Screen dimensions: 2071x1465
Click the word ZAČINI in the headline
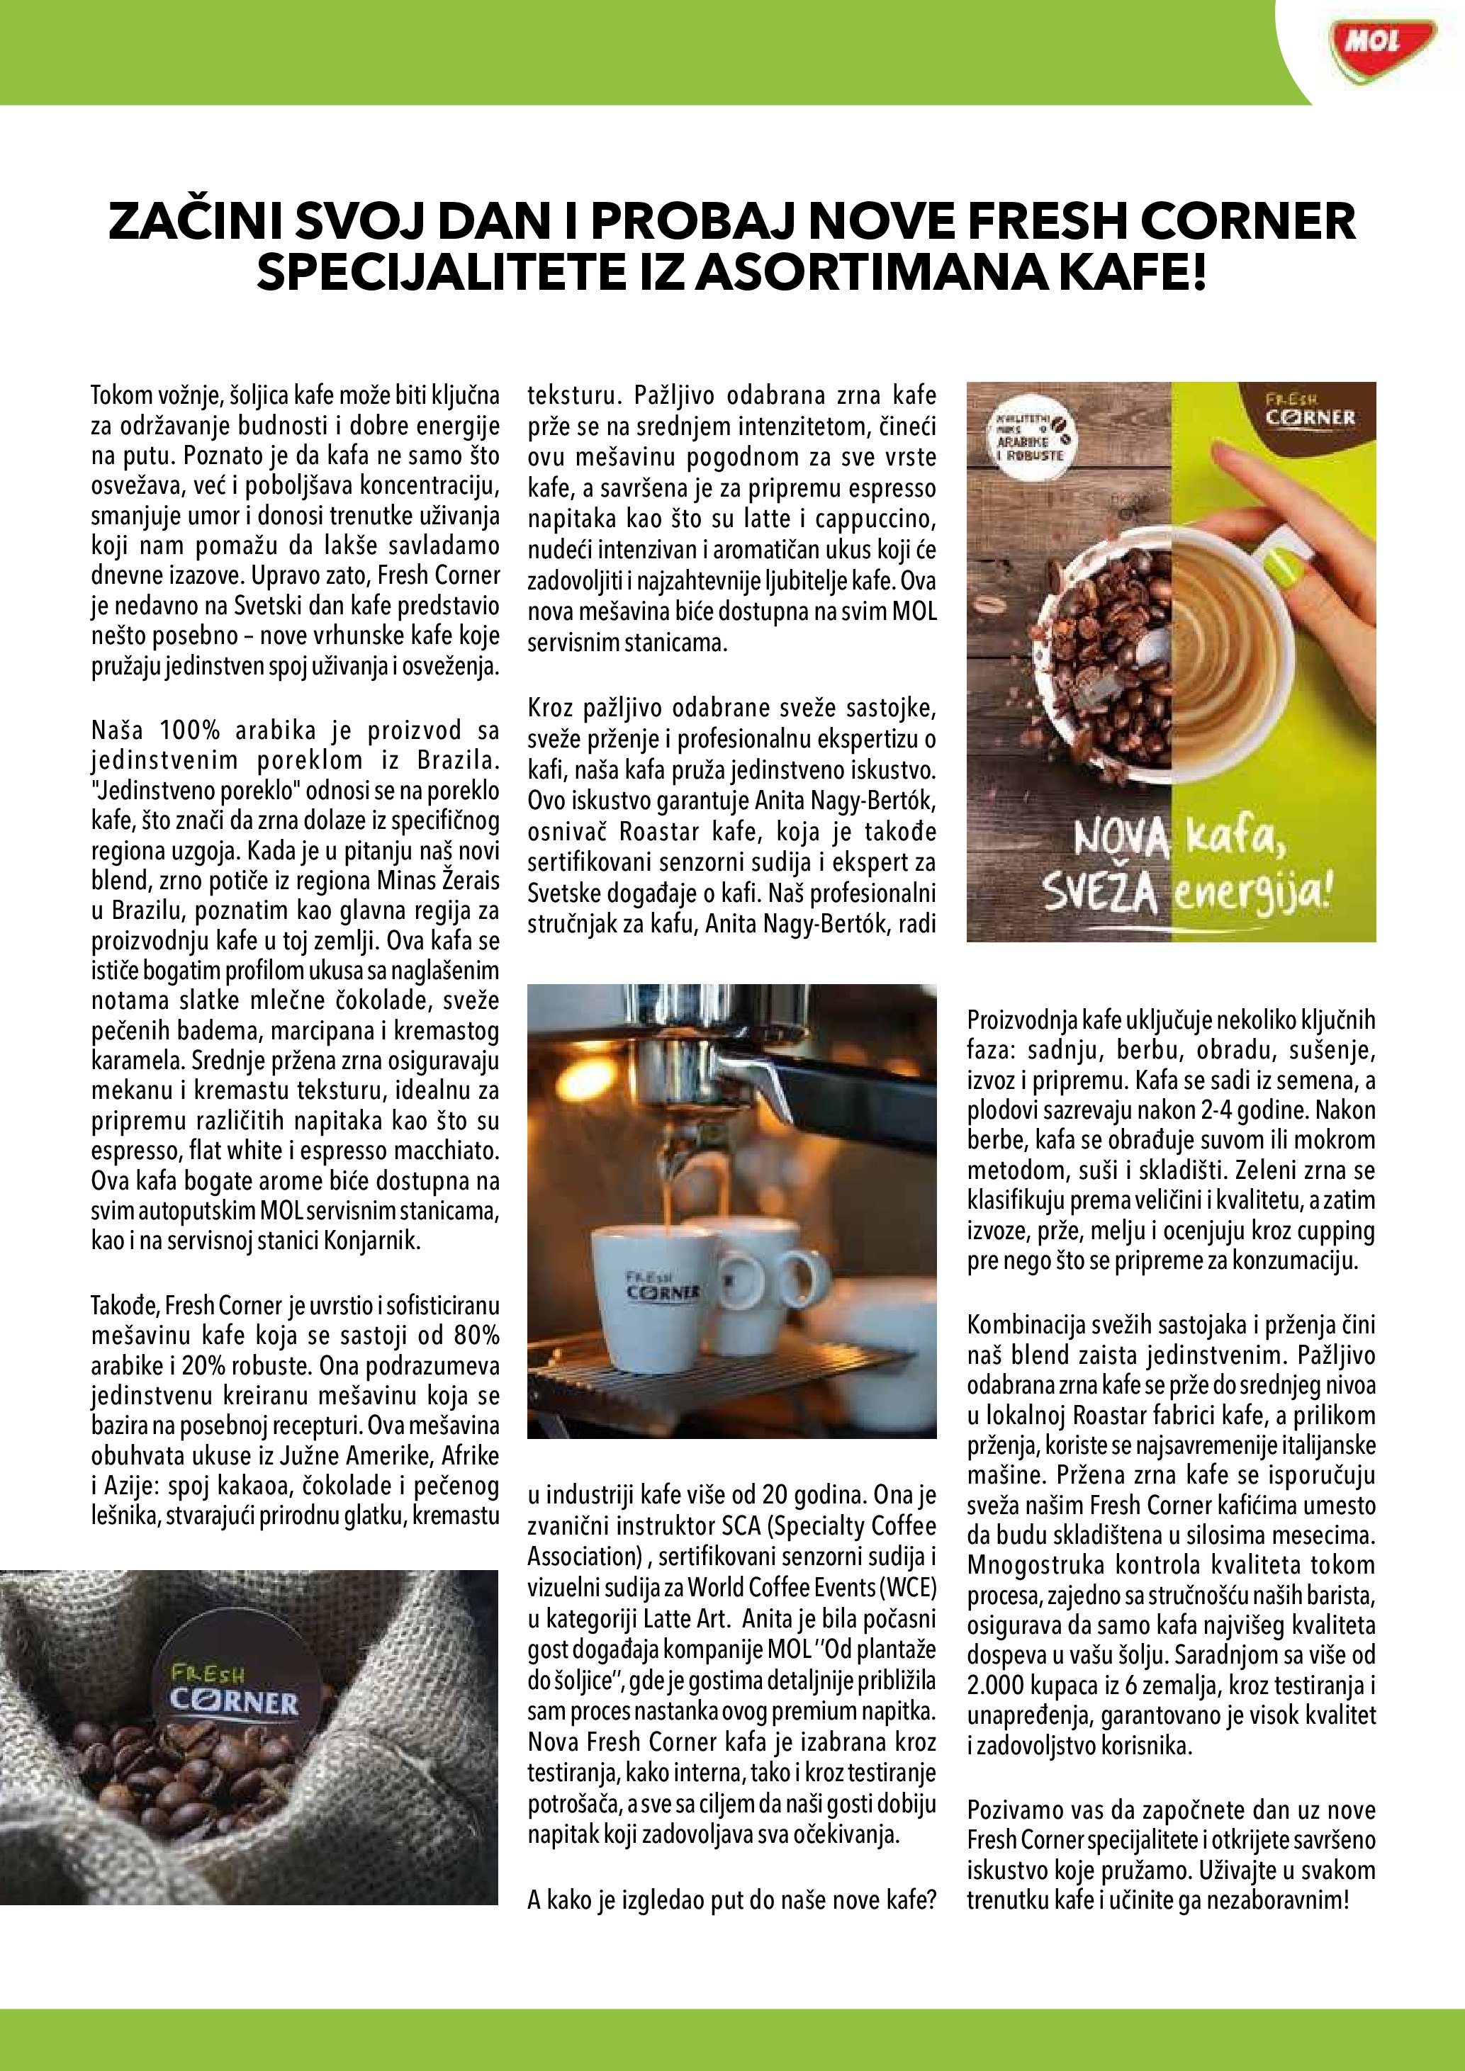193,222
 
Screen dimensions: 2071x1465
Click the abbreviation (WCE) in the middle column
906,1586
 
